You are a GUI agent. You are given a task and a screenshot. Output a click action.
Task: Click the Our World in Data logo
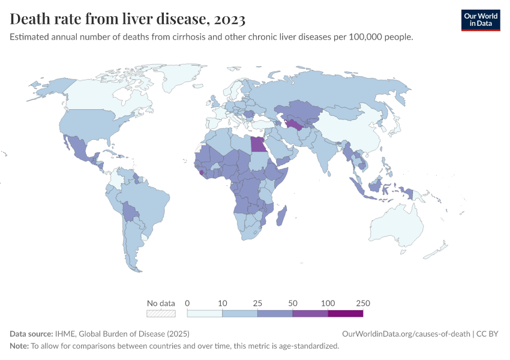(x=480, y=20)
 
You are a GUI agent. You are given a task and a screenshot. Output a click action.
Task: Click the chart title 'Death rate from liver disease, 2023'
(x=127, y=19)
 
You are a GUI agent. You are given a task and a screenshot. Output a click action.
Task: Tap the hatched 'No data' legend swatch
(x=161, y=313)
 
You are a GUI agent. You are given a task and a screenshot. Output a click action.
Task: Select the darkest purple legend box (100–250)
(x=345, y=313)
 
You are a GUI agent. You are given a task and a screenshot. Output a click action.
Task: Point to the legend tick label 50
(x=293, y=303)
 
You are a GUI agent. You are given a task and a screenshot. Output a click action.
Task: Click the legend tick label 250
(x=362, y=303)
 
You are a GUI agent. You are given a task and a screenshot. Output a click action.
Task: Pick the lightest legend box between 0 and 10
(x=205, y=313)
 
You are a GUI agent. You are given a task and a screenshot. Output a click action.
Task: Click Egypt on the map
(x=257, y=145)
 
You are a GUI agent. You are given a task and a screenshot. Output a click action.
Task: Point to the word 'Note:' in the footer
(x=20, y=346)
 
